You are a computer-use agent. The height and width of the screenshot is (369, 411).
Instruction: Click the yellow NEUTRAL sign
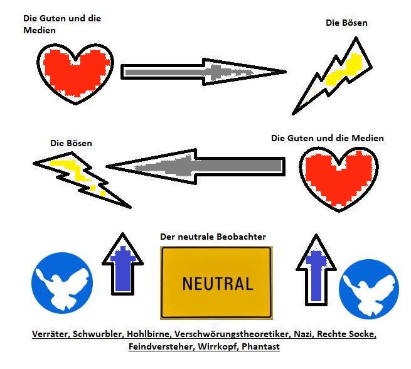pos(216,282)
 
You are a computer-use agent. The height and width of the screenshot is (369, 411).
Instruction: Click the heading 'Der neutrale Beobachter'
pos(213,237)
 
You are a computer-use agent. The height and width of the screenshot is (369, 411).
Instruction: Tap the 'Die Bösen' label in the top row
pos(346,23)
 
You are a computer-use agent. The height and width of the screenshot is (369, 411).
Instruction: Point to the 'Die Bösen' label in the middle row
pos(71,143)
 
